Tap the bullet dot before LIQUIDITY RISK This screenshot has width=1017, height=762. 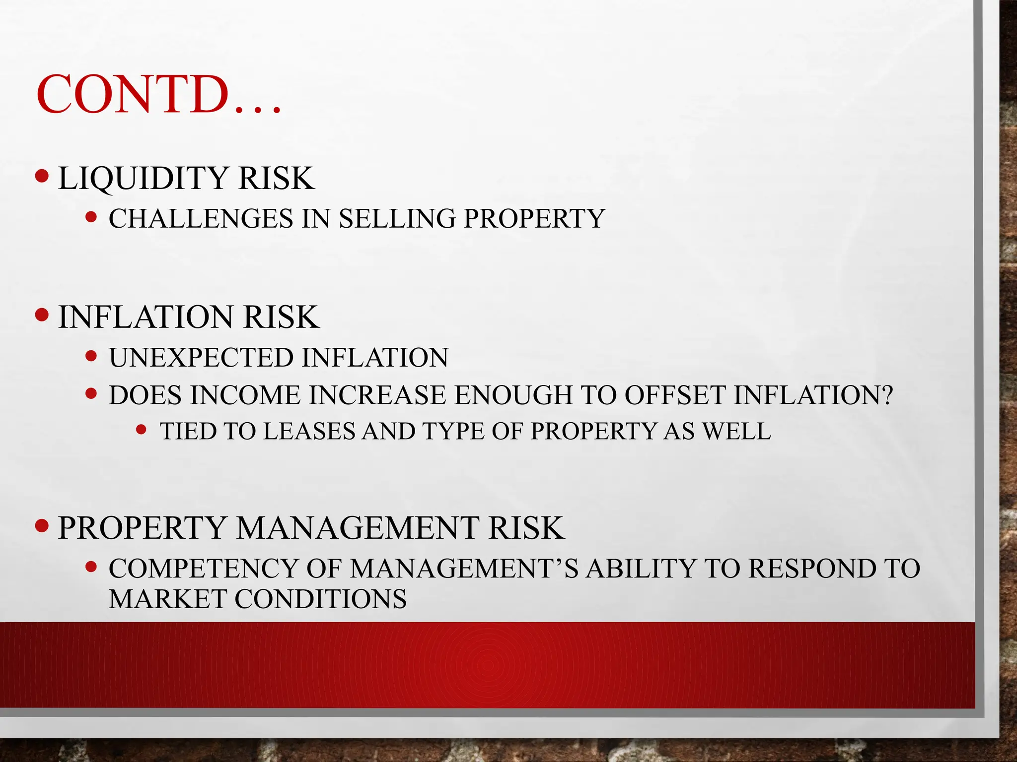click(43, 176)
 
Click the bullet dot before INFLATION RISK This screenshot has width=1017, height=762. click(43, 315)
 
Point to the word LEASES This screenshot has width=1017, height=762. click(309, 431)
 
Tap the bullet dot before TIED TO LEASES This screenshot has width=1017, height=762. click(142, 430)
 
